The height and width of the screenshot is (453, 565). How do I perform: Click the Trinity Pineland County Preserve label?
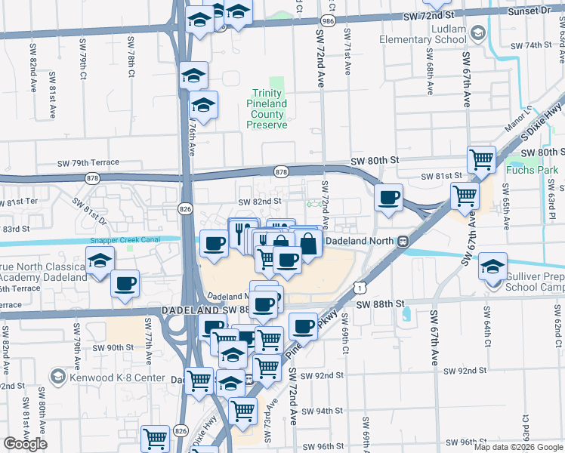tap(269, 109)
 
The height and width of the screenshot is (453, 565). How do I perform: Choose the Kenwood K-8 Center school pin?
tap(57, 377)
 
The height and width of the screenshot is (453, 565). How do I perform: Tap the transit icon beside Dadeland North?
tap(404, 242)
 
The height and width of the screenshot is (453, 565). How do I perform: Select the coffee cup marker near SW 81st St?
tap(389, 198)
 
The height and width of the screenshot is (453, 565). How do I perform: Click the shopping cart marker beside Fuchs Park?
tap(481, 159)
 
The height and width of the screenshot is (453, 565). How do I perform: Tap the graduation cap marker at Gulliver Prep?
tap(492, 266)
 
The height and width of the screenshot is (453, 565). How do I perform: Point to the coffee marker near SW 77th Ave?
tap(125, 283)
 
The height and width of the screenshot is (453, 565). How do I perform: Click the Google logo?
tap(25, 444)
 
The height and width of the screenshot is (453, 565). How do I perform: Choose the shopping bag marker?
tap(308, 243)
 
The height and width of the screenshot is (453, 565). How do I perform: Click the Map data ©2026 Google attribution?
tap(518, 447)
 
